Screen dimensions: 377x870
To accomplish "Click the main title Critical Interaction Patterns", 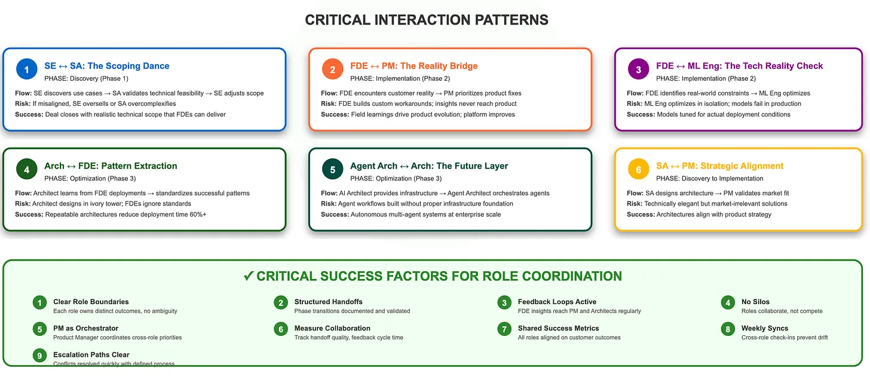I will click(x=426, y=20).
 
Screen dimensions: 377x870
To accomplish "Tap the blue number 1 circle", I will click(x=26, y=70).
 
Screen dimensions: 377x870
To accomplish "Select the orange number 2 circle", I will click(x=332, y=70).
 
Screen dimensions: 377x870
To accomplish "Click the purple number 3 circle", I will click(x=638, y=70).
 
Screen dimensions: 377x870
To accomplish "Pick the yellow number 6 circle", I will click(x=638, y=170).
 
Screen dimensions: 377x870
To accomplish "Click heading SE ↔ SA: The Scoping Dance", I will click(x=106, y=66).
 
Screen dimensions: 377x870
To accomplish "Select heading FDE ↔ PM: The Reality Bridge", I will click(x=413, y=66).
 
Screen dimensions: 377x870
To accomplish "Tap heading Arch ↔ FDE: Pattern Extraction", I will click(x=111, y=166).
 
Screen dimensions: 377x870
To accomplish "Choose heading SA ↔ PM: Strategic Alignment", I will click(x=719, y=166).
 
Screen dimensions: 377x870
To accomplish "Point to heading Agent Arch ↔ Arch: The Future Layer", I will click(x=428, y=166).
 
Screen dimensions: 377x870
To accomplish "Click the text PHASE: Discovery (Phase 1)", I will click(x=86, y=78).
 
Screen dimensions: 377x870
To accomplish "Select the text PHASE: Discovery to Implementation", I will click(x=709, y=179).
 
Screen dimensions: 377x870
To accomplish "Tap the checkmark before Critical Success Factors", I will click(x=249, y=276).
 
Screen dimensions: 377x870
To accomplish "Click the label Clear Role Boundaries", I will click(x=91, y=302).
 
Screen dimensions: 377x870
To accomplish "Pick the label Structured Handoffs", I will click(x=328, y=302).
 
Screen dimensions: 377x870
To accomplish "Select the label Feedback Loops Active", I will click(x=557, y=302).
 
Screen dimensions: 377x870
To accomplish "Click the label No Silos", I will click(x=755, y=302).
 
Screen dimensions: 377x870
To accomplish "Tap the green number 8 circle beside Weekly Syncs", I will click(x=727, y=329).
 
